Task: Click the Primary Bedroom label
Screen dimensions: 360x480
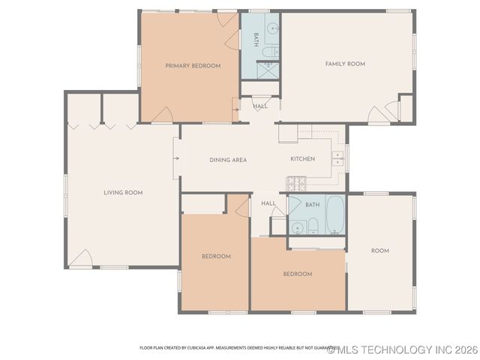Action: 193,66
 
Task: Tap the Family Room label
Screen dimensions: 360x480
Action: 345,64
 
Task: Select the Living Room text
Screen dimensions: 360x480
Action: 123,193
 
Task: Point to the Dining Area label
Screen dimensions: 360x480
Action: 228,160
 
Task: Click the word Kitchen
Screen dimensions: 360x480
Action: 302,159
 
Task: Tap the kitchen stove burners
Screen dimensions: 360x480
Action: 296,183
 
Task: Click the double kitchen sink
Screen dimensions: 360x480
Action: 338,158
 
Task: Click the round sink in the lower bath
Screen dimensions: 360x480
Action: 298,225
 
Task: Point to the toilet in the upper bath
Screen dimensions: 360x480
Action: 270,52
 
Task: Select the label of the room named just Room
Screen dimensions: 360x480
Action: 380,250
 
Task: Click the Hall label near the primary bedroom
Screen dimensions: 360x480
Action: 260,106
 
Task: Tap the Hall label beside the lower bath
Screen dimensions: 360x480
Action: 268,204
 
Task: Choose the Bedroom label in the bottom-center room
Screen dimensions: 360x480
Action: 297,274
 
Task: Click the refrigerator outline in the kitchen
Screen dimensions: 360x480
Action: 288,133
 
